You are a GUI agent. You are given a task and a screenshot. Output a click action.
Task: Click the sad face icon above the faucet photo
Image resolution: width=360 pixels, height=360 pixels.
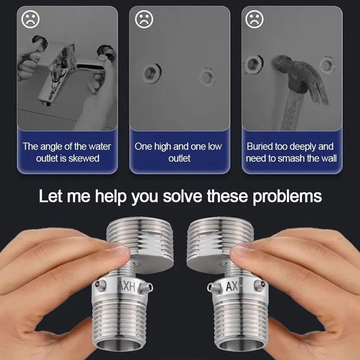click(x=30, y=20)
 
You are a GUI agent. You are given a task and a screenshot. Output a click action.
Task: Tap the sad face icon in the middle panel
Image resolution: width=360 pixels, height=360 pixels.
click(x=144, y=20)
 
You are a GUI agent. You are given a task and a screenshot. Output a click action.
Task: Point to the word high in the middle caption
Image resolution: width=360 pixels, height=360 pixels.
click(x=163, y=147)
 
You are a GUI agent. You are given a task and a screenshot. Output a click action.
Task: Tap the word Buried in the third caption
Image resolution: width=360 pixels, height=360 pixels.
click(x=261, y=147)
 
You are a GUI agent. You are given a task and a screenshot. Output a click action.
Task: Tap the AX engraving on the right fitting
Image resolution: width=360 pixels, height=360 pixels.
click(x=232, y=287)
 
